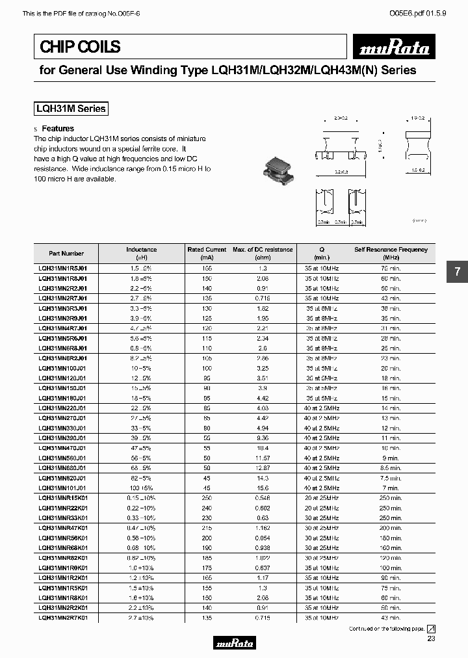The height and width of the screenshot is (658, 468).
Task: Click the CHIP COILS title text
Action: (80, 47)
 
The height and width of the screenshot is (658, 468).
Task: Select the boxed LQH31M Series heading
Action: (70, 109)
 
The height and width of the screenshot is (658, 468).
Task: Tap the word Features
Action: (58, 129)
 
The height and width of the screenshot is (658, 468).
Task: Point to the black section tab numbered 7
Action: (457, 272)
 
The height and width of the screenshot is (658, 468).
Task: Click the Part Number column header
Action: (66, 254)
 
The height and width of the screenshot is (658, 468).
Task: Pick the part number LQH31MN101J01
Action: (63, 488)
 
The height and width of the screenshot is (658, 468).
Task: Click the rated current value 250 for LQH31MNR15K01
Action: (207, 497)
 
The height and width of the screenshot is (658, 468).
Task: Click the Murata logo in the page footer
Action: (234, 643)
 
